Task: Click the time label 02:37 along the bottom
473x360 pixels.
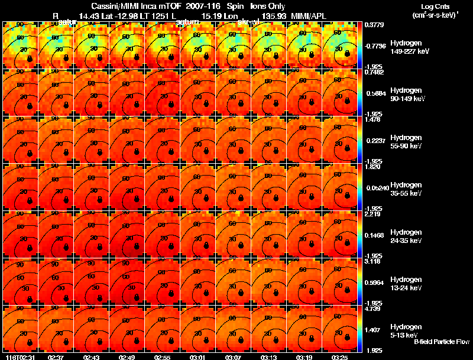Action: [x=56, y=357]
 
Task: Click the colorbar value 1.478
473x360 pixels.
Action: [x=372, y=119]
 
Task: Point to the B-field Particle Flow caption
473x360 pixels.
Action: [x=441, y=342]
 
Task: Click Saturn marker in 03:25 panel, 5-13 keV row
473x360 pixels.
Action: [x=348, y=339]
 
